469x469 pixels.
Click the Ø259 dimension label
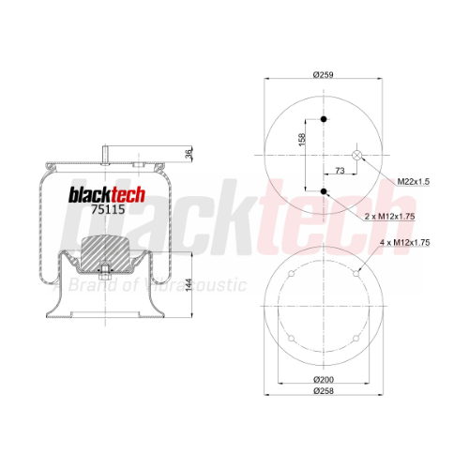324,75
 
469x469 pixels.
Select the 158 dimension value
302,140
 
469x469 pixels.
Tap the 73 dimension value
340,171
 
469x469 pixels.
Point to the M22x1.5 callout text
414,181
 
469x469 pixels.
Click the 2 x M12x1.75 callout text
389,216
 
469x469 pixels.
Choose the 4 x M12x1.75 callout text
405,242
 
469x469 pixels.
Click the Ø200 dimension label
324,380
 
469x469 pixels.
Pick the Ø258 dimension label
324,391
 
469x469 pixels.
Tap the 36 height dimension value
189,154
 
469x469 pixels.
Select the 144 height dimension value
189,285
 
